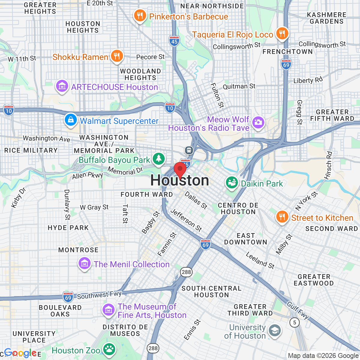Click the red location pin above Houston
(x=180, y=169)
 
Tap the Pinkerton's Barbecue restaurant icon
(x=140, y=15)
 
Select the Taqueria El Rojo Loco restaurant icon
(x=282, y=33)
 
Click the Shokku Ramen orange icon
(x=117, y=56)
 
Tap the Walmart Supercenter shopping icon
(x=70, y=120)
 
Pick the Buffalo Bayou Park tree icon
(x=158, y=159)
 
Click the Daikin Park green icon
(x=232, y=183)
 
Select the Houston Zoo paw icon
(x=109, y=349)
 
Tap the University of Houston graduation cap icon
(x=274, y=331)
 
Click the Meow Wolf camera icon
(x=258, y=122)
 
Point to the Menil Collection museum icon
(x=85, y=263)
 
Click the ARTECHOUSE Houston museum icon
(x=62, y=86)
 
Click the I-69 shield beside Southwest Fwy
(x=68, y=298)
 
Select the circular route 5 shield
(x=295, y=322)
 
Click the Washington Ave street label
(x=46, y=138)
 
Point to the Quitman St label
(x=239, y=86)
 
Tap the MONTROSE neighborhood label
(x=78, y=250)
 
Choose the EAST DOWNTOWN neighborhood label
(x=246, y=239)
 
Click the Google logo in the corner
(x=20, y=353)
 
